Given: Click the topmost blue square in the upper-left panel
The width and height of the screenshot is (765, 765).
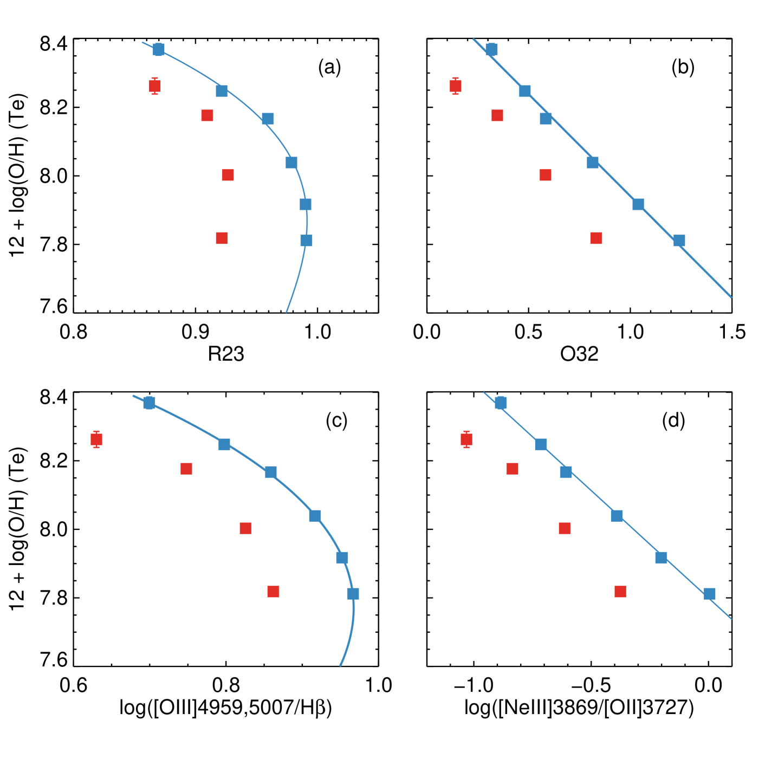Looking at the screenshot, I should (x=158, y=49).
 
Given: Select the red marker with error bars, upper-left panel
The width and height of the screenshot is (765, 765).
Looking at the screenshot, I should (x=155, y=86).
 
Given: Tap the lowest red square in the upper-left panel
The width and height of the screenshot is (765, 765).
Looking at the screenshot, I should (x=222, y=238).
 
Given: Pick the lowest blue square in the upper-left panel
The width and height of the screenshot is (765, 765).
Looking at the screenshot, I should (x=306, y=240).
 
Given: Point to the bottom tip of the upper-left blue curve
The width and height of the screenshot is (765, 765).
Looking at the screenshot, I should (x=287, y=312).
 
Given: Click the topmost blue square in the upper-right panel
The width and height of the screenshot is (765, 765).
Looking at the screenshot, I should (x=491, y=49).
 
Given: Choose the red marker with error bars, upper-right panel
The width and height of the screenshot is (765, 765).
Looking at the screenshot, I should (x=455, y=86).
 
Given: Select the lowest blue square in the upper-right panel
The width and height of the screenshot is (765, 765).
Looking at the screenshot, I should (x=679, y=240).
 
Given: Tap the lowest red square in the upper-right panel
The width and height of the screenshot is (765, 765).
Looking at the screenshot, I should (x=596, y=238).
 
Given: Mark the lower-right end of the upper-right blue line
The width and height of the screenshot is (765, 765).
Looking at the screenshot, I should (x=731, y=297).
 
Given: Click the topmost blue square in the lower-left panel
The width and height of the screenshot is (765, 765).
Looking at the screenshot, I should (x=149, y=403).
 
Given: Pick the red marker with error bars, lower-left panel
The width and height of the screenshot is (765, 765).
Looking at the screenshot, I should (x=96, y=439).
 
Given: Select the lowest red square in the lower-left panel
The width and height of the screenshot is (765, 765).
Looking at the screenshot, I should (x=273, y=591).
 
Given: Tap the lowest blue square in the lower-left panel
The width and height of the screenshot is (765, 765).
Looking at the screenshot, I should (x=353, y=594).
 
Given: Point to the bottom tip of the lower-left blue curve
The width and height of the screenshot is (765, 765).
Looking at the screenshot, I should (x=340, y=665).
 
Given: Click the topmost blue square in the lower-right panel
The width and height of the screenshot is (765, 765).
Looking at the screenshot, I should (x=501, y=403).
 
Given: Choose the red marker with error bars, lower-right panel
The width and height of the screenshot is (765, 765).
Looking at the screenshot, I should (x=466, y=439).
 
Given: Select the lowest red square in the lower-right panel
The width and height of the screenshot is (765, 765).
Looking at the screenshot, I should (x=620, y=591).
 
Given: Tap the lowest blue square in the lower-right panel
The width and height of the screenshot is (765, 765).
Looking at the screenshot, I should (x=709, y=594).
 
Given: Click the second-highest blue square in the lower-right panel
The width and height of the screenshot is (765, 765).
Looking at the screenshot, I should (x=541, y=444).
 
